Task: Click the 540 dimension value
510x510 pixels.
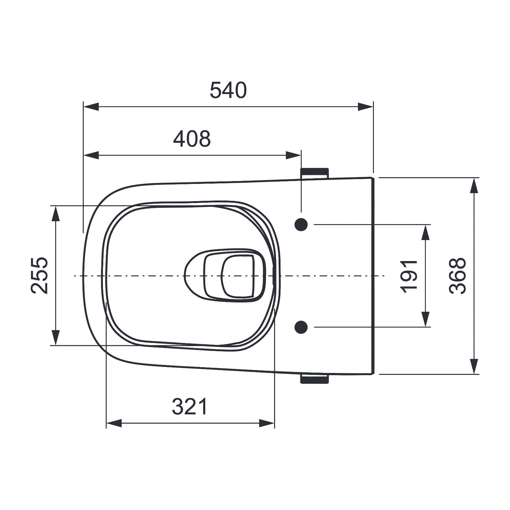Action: [x=228, y=90]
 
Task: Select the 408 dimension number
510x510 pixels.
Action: [x=192, y=139]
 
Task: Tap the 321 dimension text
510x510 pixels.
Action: [x=190, y=407]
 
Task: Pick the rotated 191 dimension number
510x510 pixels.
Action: [x=409, y=276]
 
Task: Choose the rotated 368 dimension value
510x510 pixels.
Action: [x=457, y=276]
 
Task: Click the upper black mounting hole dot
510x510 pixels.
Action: [x=301, y=225]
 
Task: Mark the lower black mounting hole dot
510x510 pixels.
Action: [x=301, y=327]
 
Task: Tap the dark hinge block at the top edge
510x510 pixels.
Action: [x=314, y=173]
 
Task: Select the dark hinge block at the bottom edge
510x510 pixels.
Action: [x=314, y=379]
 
